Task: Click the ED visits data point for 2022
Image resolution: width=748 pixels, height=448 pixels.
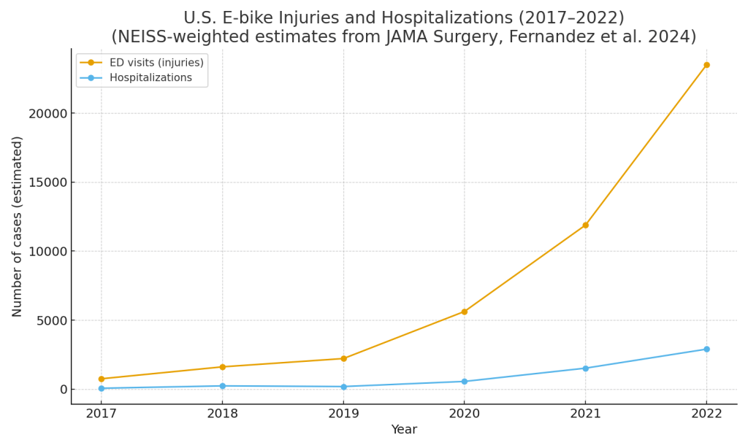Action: tap(706, 65)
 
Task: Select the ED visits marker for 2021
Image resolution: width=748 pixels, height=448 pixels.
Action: tap(585, 225)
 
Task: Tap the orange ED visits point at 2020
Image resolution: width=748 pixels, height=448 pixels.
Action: tap(464, 312)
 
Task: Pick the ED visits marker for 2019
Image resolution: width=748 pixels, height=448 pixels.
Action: tap(343, 358)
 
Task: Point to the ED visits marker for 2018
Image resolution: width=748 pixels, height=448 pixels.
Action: tap(222, 367)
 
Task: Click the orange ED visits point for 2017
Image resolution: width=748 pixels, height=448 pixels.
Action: tap(102, 379)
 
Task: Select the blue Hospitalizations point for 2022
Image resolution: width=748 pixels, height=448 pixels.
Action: tap(706, 349)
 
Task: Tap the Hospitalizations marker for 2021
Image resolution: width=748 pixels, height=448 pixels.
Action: tap(585, 368)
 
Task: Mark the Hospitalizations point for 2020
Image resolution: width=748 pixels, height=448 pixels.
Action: tap(464, 382)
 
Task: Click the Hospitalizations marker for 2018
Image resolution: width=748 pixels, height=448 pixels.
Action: tap(222, 386)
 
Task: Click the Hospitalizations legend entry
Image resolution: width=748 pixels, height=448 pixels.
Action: tap(150, 78)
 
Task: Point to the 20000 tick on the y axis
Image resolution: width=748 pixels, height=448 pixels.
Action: tap(47, 114)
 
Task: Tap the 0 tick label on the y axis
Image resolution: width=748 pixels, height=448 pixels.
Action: tap(63, 390)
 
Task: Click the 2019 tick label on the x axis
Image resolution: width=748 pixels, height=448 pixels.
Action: tap(343, 413)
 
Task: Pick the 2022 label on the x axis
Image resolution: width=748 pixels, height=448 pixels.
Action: tap(706, 413)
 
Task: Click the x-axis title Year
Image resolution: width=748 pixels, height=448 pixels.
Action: tap(404, 430)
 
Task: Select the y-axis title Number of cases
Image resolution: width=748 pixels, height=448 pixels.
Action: tap(18, 226)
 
